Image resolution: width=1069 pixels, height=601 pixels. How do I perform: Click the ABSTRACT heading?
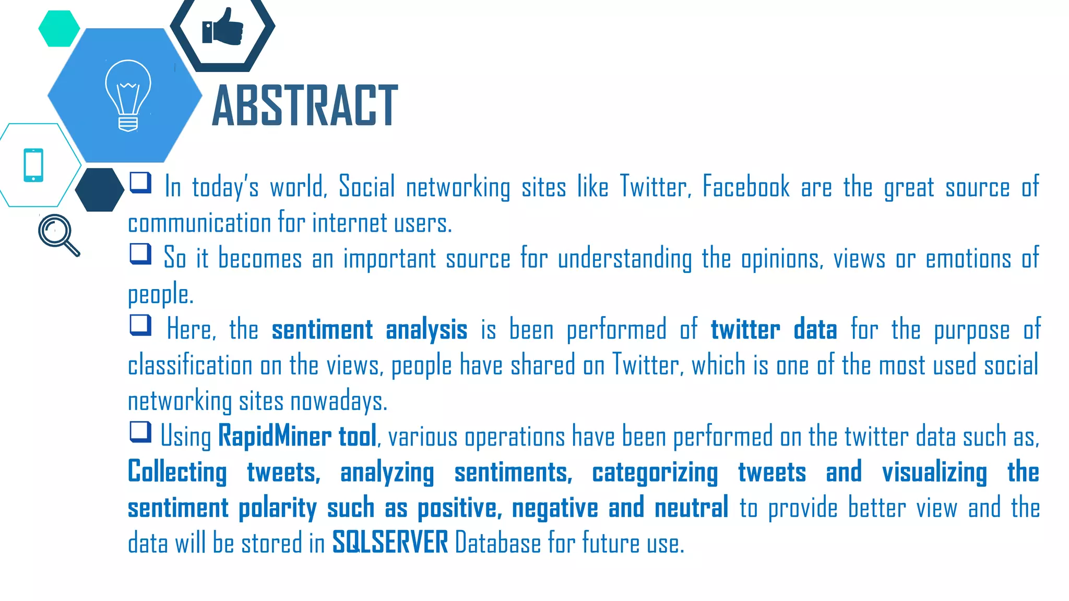click(305, 106)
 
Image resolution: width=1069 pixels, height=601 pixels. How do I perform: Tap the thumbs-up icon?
click(223, 27)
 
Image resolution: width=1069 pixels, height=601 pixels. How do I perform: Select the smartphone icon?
click(33, 165)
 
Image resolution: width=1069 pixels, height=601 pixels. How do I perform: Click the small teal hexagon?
click(59, 29)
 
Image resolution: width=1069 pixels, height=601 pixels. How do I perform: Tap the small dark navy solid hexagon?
click(100, 190)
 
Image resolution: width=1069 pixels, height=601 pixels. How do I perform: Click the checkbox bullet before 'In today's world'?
click(140, 183)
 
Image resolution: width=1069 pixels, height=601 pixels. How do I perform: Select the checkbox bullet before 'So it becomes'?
click(140, 254)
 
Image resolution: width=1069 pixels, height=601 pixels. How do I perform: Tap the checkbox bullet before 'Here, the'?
click(140, 325)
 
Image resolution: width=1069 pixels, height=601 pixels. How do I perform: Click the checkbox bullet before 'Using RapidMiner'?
click(140, 432)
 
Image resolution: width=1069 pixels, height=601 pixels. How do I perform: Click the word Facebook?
click(746, 187)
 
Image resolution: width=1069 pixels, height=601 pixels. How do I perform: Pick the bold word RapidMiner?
click(275, 436)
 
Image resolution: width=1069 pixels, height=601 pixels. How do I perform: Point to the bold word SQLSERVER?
click(390, 543)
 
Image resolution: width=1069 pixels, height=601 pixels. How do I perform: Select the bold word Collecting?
click(177, 472)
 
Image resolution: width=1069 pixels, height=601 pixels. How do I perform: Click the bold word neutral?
click(691, 508)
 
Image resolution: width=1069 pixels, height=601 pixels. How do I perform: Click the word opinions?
click(782, 259)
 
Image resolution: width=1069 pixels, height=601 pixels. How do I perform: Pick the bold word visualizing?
click(934, 472)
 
